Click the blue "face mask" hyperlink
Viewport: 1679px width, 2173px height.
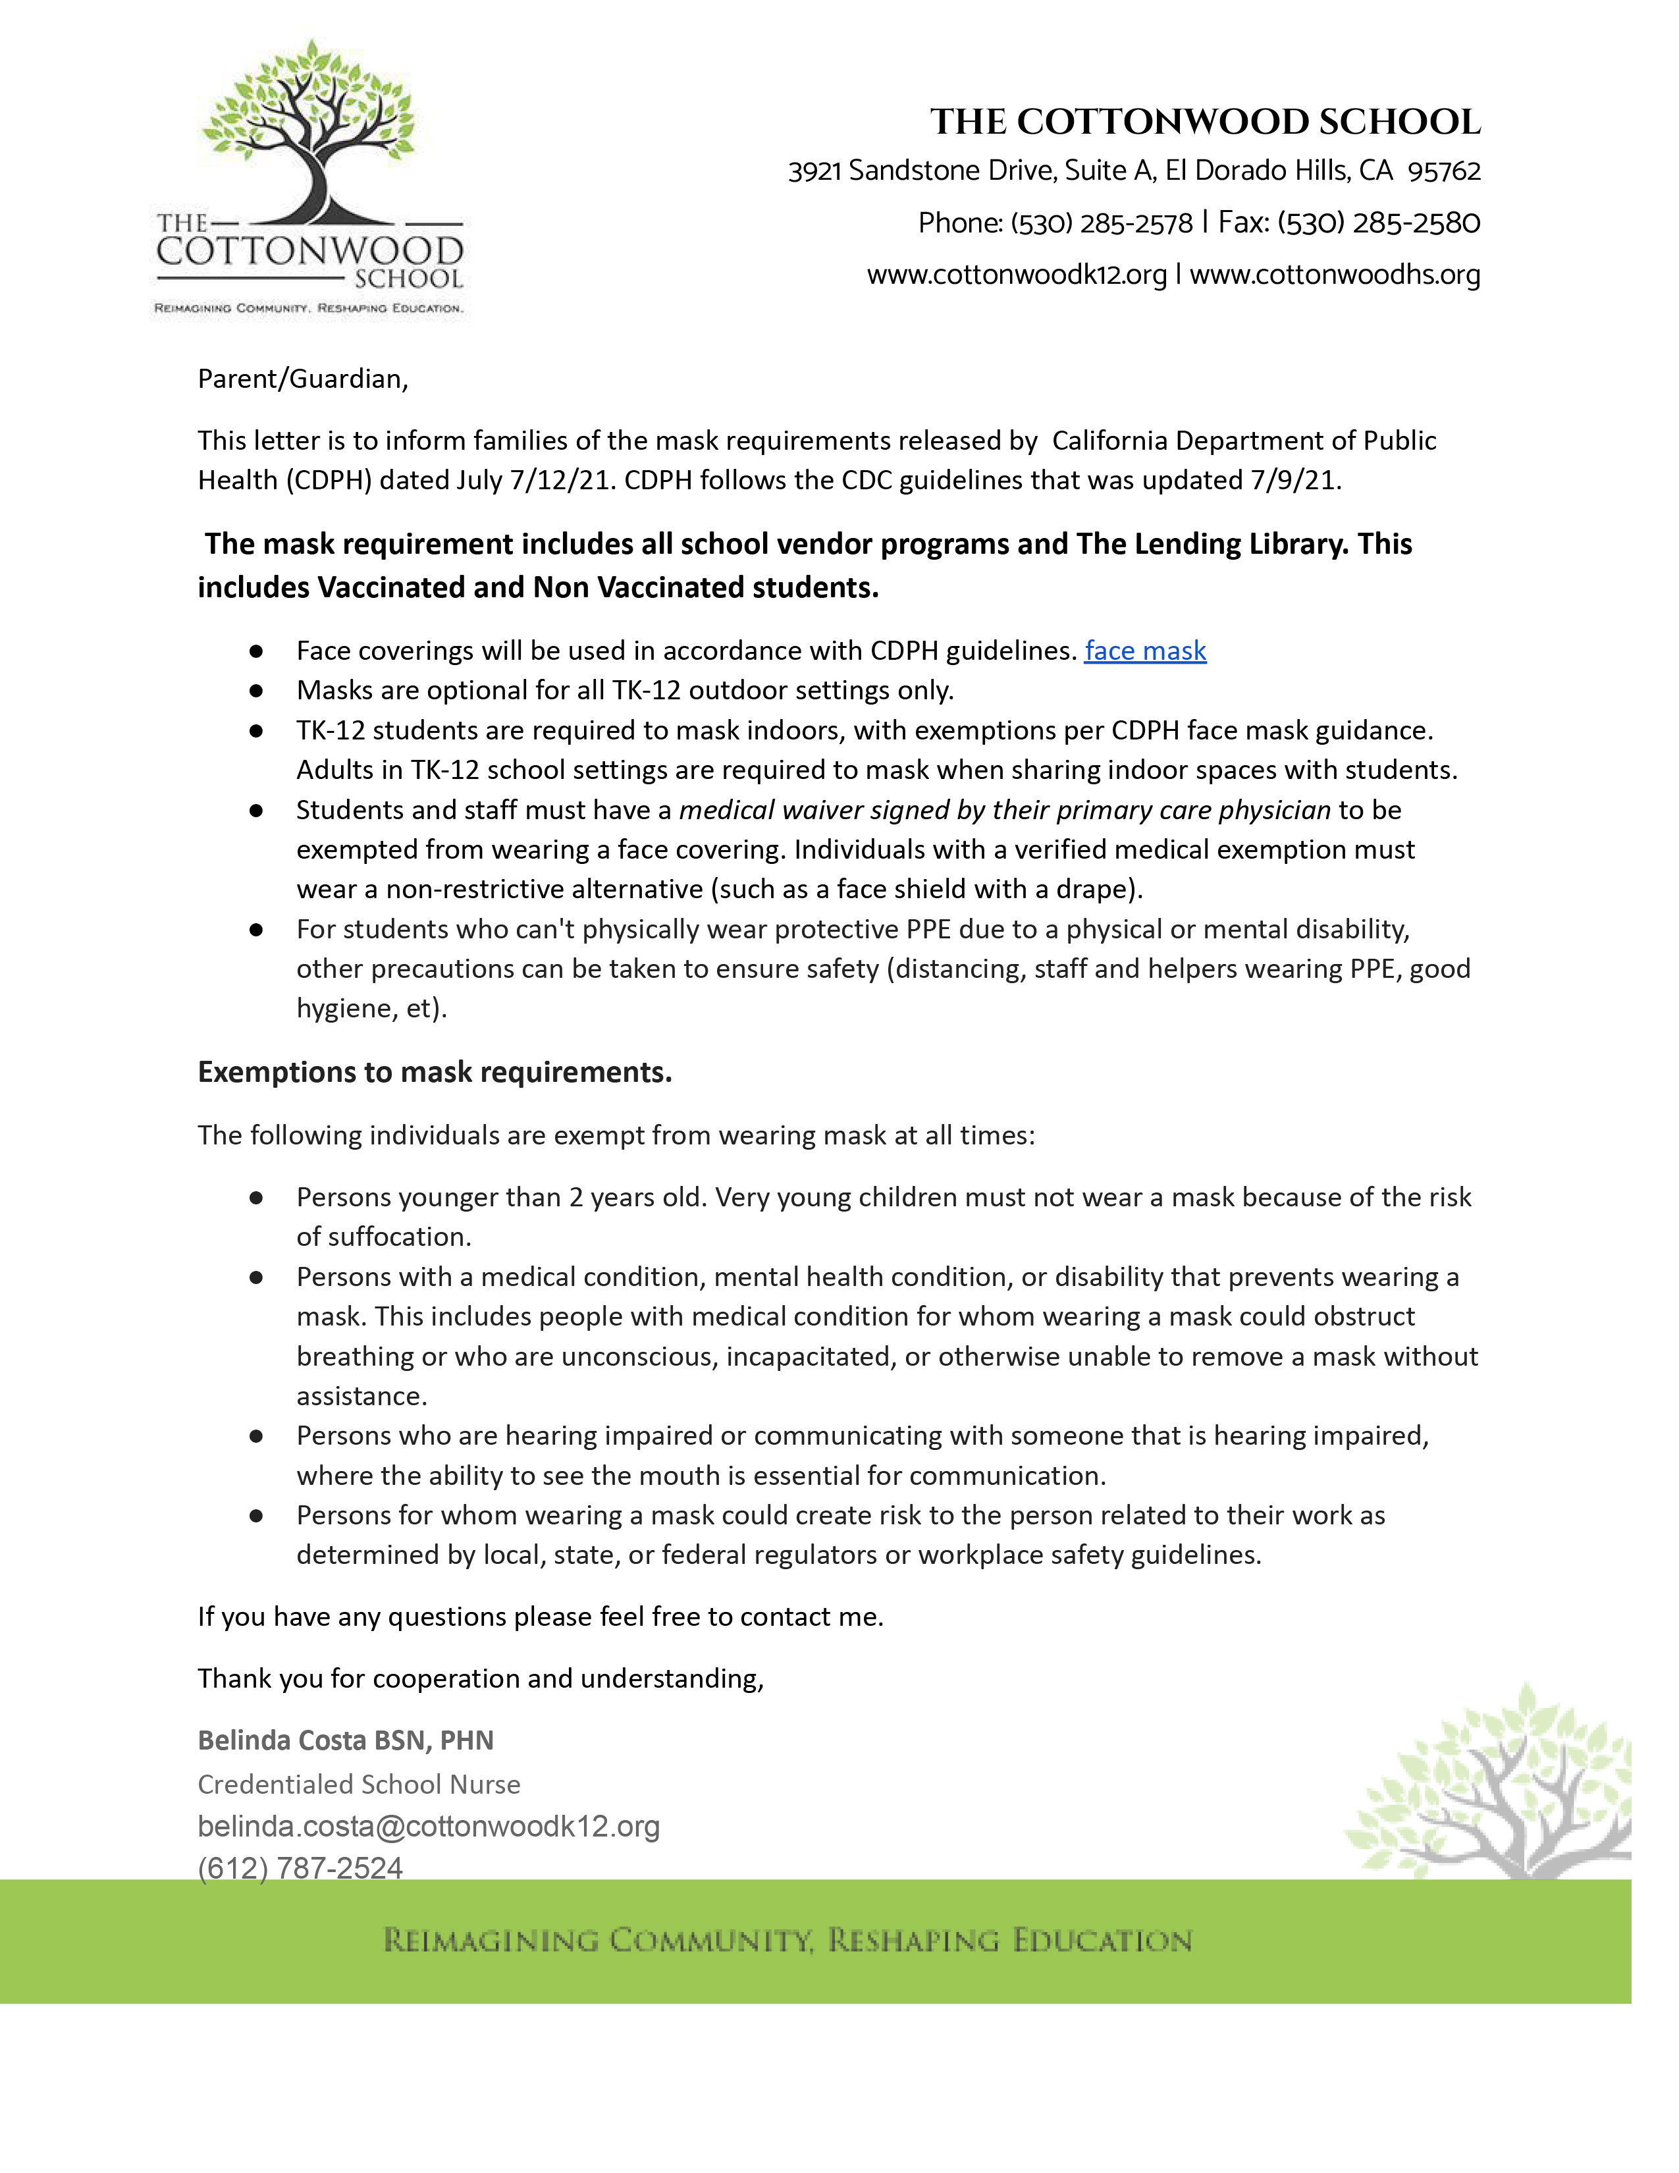pos(1145,651)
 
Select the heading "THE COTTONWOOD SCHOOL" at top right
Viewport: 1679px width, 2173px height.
pos(1204,122)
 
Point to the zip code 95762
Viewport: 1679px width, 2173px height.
pos(1443,171)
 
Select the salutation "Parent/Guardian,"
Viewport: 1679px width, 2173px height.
pos(302,379)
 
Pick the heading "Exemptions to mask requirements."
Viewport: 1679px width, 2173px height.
pos(435,1073)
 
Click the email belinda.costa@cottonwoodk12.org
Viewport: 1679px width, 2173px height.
pos(429,1827)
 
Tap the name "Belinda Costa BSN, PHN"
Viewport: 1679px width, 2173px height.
pos(345,1740)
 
